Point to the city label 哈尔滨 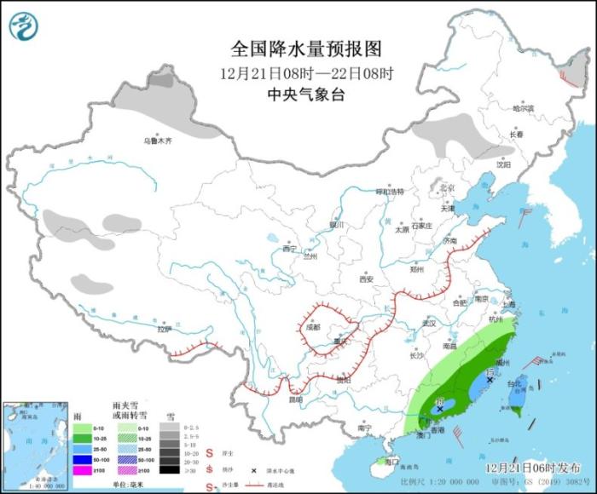523,109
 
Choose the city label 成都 311,327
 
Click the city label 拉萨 164,329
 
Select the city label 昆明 295,399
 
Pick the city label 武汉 428,323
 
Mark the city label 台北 513,384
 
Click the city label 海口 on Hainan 391,461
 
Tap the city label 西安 366,279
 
